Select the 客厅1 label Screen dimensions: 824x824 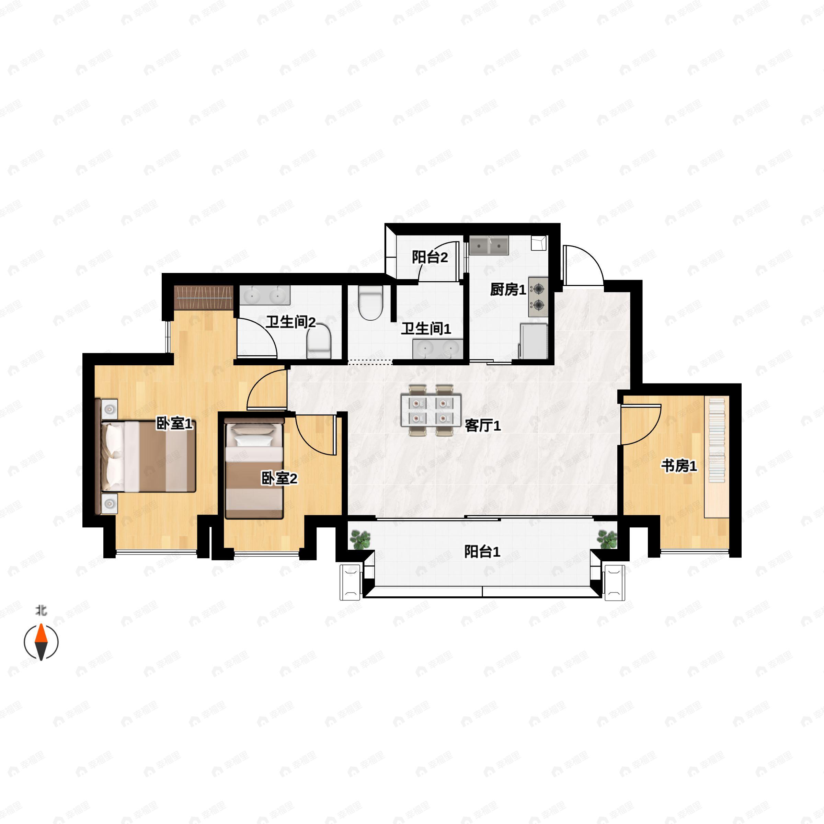[482, 425]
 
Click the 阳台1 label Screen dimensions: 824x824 [482, 552]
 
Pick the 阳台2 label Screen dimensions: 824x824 [430, 257]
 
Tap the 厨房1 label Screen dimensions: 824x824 [507, 289]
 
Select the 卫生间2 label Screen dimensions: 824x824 [290, 322]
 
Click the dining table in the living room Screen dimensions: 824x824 [431, 410]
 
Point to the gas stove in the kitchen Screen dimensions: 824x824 [538, 297]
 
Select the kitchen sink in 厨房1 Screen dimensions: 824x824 [489, 246]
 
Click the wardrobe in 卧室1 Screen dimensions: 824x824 [204, 297]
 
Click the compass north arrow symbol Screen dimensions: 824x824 [41, 642]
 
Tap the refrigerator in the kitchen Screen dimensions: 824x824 [533, 340]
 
